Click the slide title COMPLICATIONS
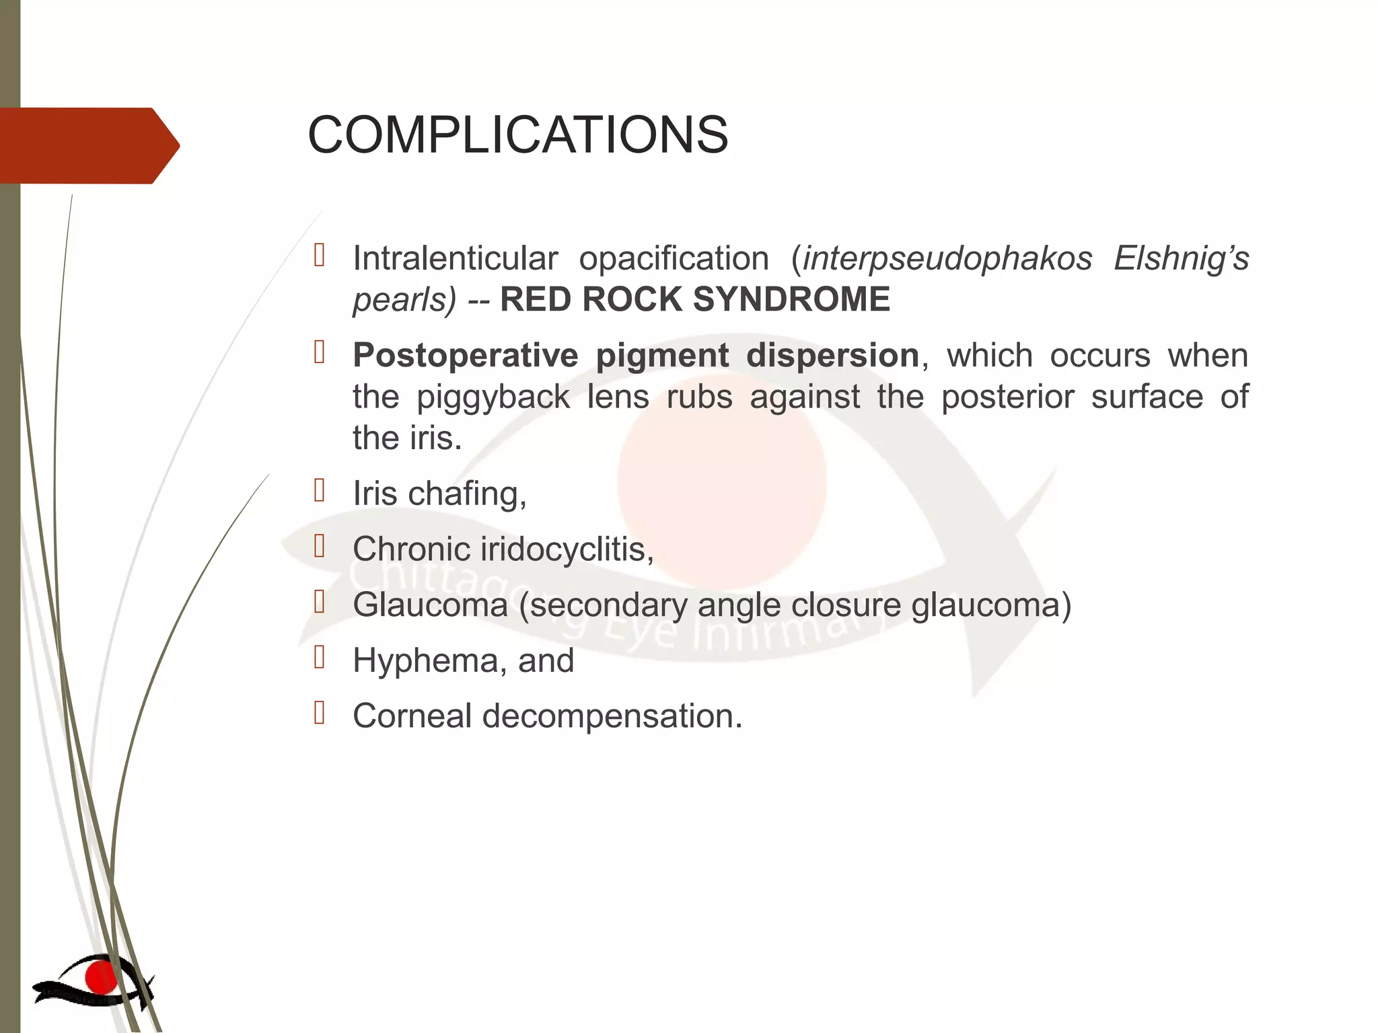(517, 135)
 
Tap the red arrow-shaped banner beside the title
(87, 145)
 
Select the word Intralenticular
(456, 259)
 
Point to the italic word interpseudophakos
(947, 259)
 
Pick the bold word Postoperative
(466, 356)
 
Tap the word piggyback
(493, 397)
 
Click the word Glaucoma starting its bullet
(430, 605)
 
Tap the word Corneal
(412, 716)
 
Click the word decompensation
(612, 716)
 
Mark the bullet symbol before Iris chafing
(320, 490)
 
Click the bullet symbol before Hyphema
(320, 657)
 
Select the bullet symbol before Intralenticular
(320, 256)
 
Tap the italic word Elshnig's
(1181, 259)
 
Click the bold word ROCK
(637, 299)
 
